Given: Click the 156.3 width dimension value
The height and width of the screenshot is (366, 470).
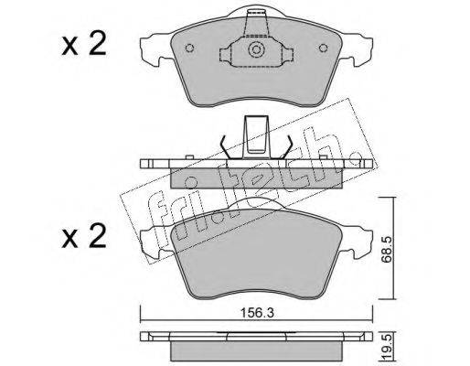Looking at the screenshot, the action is [258, 313].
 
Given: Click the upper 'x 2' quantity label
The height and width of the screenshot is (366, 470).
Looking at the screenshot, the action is [84, 45].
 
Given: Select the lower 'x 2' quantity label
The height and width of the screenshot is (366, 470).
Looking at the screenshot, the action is [84, 236].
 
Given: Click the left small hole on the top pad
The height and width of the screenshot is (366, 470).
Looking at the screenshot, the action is [189, 48].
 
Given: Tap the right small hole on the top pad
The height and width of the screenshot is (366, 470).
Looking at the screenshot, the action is [323, 48].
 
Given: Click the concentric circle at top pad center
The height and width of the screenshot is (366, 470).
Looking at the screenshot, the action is [256, 50].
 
